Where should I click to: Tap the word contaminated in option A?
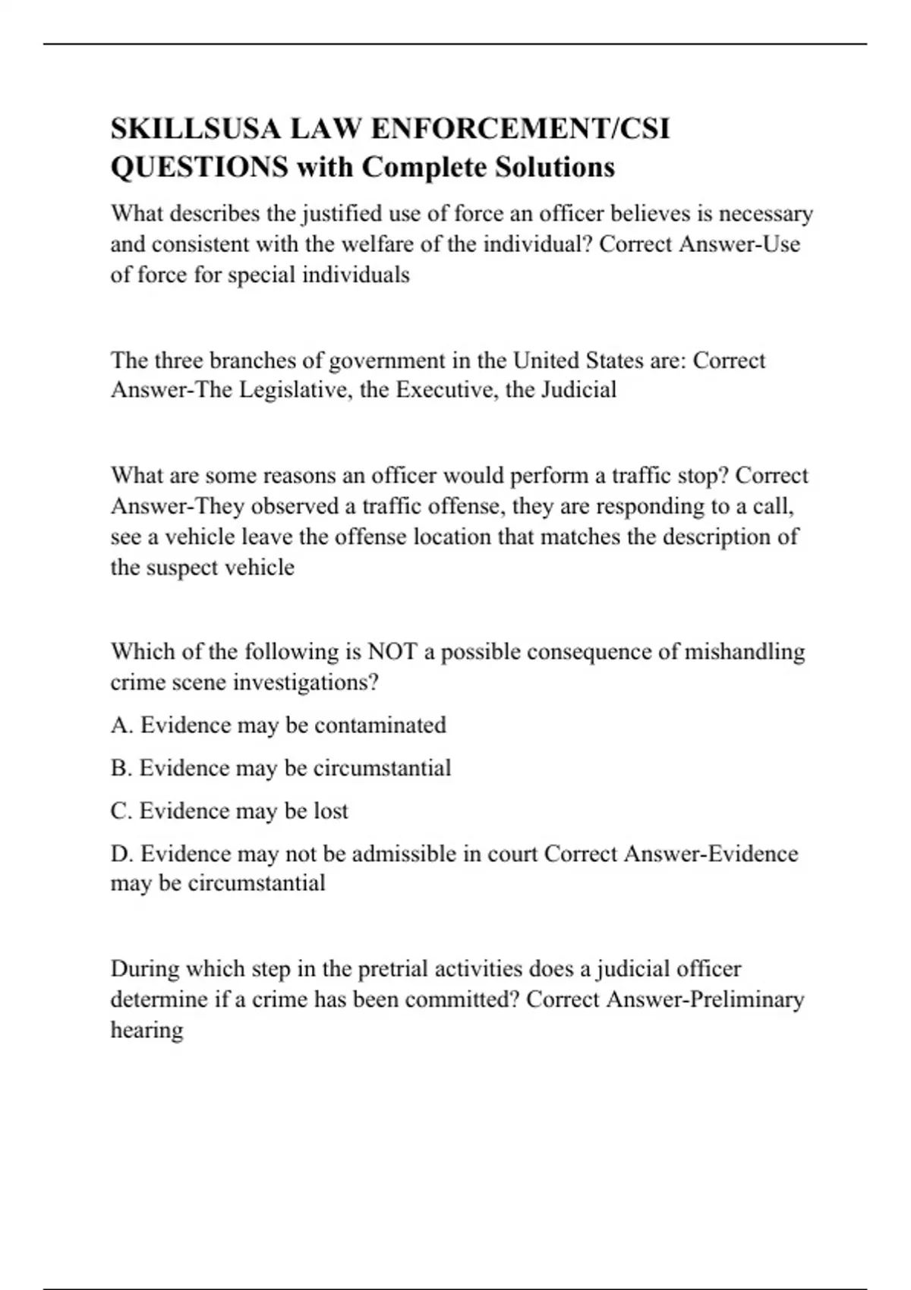click(x=380, y=725)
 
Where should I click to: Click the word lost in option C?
click(x=331, y=811)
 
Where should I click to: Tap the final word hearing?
click(x=147, y=1030)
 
